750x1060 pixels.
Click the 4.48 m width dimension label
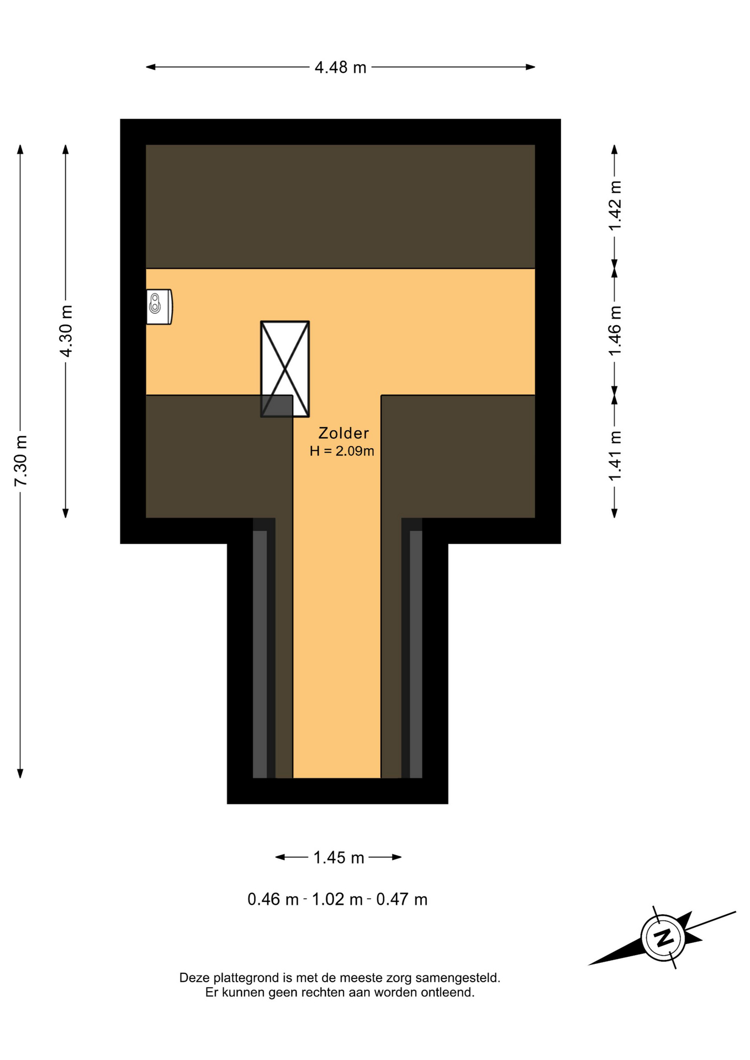pyautogui.click(x=340, y=67)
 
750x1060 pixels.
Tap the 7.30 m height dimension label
pyautogui.click(x=20, y=460)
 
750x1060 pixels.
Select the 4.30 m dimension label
pyautogui.click(x=66, y=331)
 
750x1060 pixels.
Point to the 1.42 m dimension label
pyautogui.click(x=615, y=205)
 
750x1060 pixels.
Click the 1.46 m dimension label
pyautogui.click(x=615, y=331)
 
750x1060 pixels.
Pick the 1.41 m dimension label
pyautogui.click(x=615, y=455)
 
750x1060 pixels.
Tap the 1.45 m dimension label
pyautogui.click(x=339, y=857)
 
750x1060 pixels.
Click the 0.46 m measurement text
pyautogui.click(x=273, y=899)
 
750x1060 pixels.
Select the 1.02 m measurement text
pyautogui.click(x=337, y=899)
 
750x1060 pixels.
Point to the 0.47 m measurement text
pyautogui.click(x=402, y=899)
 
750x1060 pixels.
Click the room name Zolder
pyautogui.click(x=344, y=433)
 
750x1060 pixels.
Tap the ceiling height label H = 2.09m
pyautogui.click(x=342, y=451)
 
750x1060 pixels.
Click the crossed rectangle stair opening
pyautogui.click(x=285, y=369)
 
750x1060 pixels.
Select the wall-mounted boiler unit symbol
pyautogui.click(x=159, y=307)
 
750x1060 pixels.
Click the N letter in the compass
pyautogui.click(x=663, y=937)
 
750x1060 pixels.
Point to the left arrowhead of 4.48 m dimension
pyautogui.click(x=151, y=67)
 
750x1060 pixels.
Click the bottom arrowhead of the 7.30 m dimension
pyautogui.click(x=20, y=773)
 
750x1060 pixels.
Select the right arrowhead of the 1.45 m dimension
pyautogui.click(x=397, y=857)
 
